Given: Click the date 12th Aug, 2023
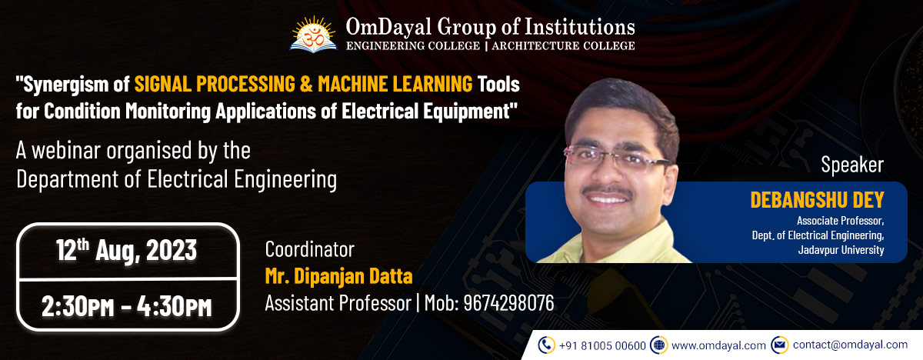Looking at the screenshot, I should click(126, 251).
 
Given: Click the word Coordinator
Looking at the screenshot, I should click(309, 249).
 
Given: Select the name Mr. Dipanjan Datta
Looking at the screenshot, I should click(338, 275).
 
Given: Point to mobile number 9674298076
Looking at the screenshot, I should click(508, 303).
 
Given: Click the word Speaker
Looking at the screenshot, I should click(852, 165).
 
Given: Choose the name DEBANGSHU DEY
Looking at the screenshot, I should click(817, 201).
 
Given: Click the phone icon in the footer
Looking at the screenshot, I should click(547, 345).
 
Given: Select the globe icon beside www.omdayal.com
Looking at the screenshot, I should click(658, 345).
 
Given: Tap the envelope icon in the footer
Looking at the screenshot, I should click(779, 345).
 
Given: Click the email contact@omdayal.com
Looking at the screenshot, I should click(850, 345).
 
